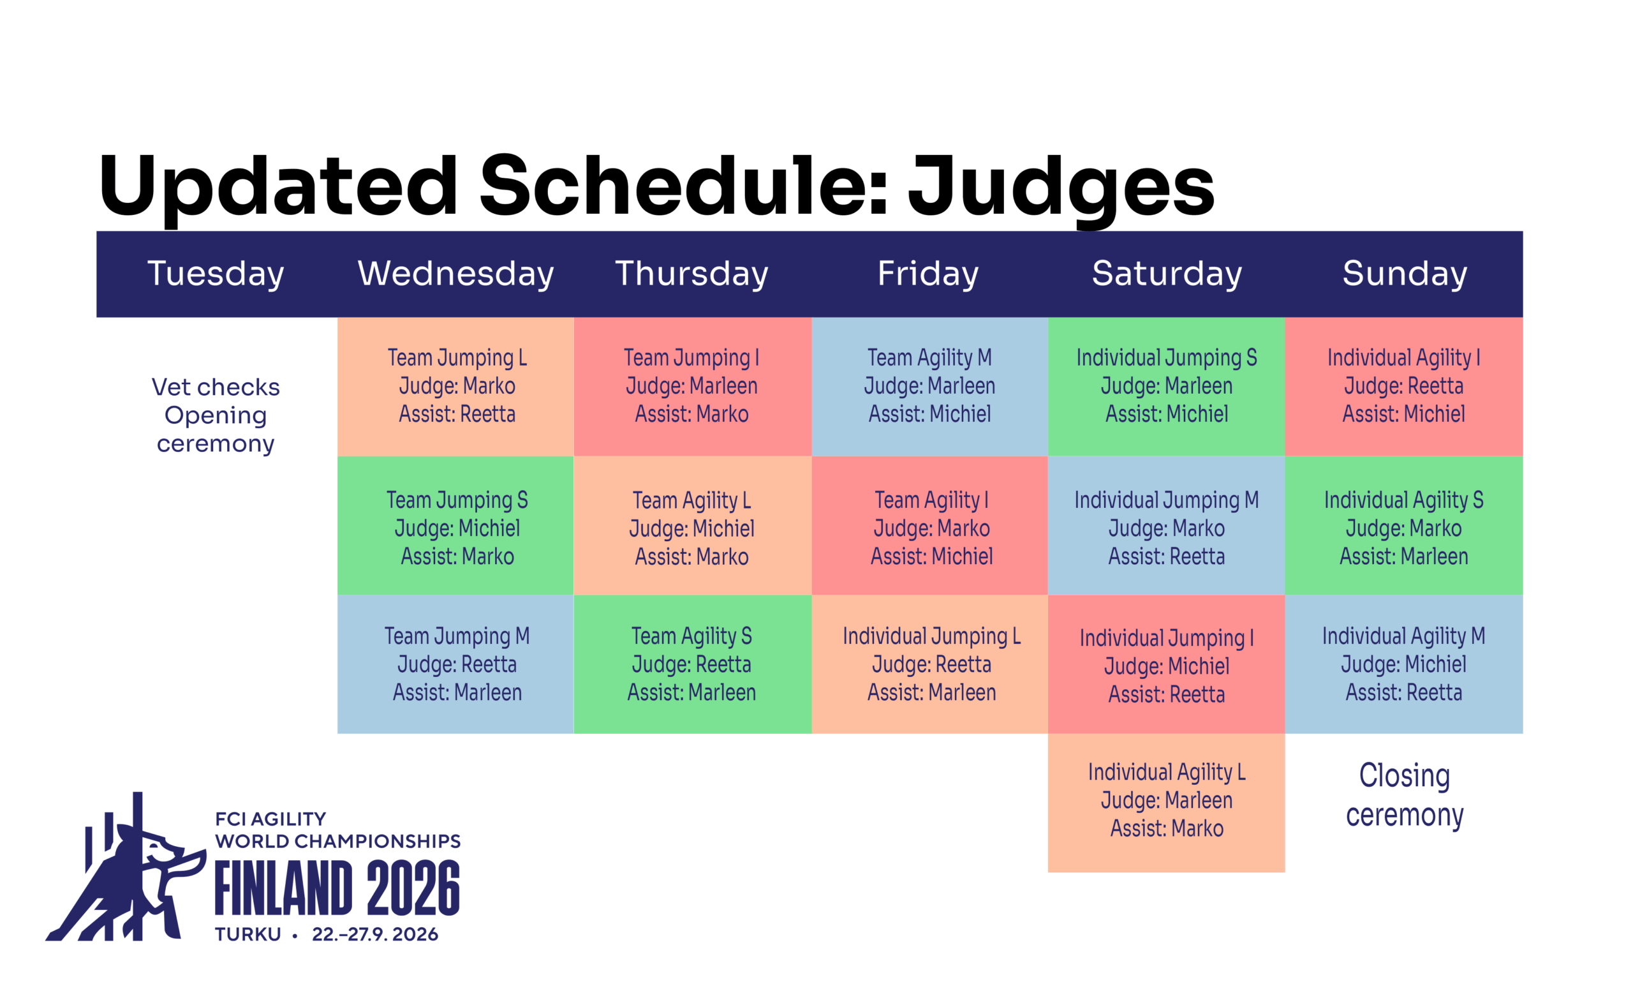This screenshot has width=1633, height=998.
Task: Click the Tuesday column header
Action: point(216,274)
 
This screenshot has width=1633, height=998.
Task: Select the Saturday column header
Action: point(1167,274)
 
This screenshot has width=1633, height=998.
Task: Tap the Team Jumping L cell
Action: point(456,387)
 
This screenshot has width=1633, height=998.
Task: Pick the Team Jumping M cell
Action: point(456,664)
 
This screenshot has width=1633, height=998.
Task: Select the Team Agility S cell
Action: point(693,664)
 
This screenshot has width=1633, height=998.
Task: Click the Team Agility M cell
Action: point(930,387)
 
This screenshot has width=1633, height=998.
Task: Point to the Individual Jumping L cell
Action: point(930,664)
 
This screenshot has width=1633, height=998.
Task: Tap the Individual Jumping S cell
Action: point(1167,387)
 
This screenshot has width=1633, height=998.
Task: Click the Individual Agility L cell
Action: point(1167,803)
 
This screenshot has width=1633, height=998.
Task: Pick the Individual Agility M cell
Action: point(1404,664)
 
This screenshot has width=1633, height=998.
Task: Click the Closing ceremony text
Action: point(1405,795)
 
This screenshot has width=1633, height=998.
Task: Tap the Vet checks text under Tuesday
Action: point(216,387)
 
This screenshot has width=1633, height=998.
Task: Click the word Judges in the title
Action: point(1061,188)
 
